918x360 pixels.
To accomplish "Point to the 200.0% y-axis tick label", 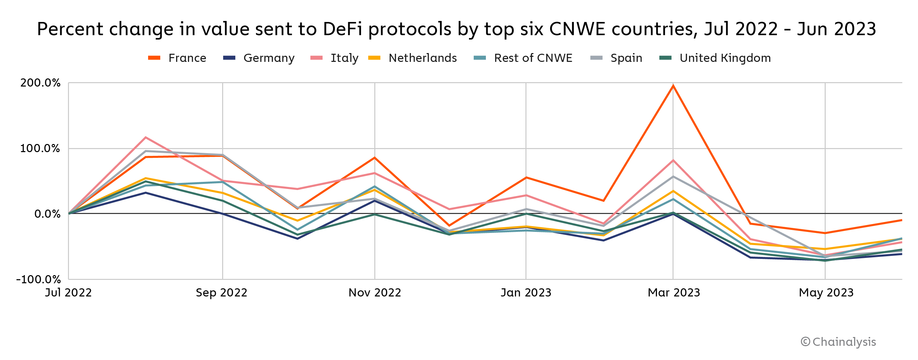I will (x=40, y=83).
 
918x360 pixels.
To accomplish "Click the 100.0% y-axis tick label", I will (x=40, y=148).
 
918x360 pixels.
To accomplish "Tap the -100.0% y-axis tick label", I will (x=39, y=279).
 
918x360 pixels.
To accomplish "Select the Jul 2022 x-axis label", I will (x=68, y=293).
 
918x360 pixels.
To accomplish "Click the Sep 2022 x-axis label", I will (x=222, y=293).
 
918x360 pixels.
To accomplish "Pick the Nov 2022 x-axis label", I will (x=375, y=293).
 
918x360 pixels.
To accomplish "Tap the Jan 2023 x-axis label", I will (x=526, y=293).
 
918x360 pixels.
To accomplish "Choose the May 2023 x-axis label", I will (x=826, y=293).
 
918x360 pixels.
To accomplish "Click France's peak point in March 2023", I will (x=673, y=86).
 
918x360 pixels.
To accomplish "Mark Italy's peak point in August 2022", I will (x=146, y=137).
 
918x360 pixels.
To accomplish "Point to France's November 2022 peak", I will (x=375, y=158).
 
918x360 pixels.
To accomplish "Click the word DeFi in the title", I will (x=342, y=29).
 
